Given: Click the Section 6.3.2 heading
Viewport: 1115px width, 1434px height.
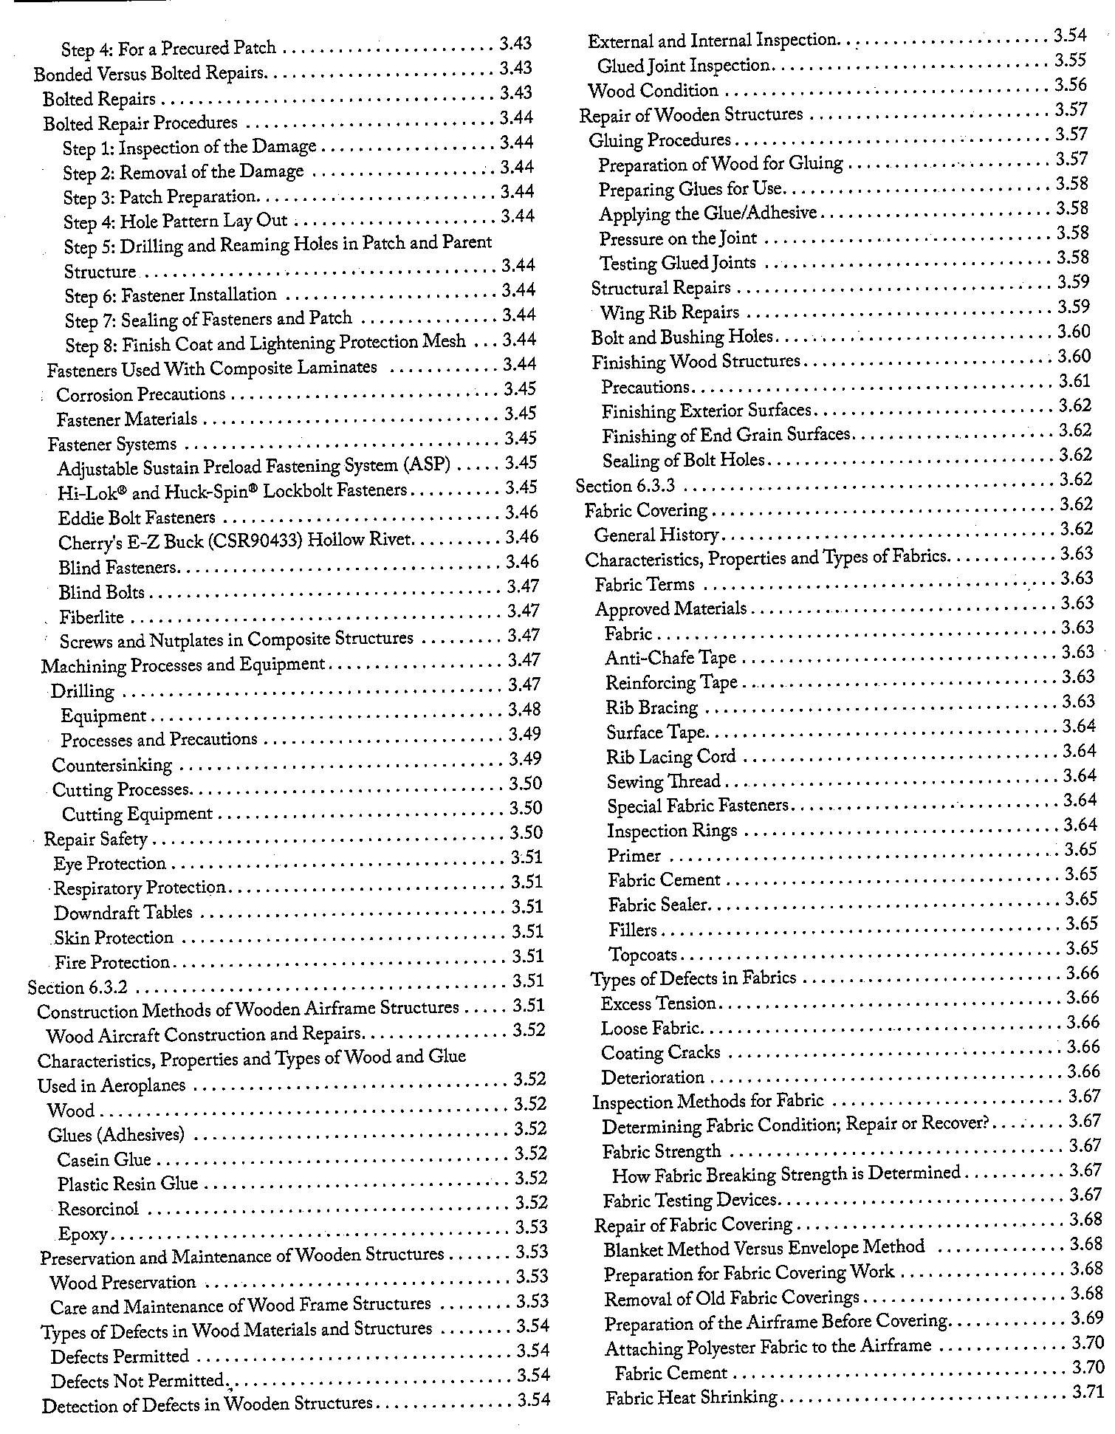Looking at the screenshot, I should pyautogui.click(x=78, y=987).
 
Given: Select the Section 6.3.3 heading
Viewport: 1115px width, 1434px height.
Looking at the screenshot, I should pyautogui.click(x=625, y=486).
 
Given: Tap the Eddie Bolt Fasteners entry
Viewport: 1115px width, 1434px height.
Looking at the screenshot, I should pyautogui.click(x=137, y=518).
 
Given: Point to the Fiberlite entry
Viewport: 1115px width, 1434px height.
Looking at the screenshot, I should pyautogui.click(x=92, y=617).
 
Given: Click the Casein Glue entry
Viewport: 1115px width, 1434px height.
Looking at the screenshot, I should pyautogui.click(x=104, y=1159).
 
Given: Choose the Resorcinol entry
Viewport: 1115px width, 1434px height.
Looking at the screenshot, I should pyautogui.click(x=98, y=1209).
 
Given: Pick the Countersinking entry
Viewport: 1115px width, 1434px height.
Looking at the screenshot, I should pyautogui.click(x=111, y=764).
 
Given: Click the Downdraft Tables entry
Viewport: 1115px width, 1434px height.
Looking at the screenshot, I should pyautogui.click(x=123, y=913).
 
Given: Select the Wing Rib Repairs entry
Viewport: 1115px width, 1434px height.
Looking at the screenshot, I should pyautogui.click(x=669, y=312).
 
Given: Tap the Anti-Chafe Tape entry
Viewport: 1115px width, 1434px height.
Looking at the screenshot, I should pyautogui.click(x=670, y=657).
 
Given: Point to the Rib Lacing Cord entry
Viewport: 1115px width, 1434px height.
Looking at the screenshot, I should pyautogui.click(x=670, y=757).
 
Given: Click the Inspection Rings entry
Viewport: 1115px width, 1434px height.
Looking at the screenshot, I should pyautogui.click(x=672, y=831).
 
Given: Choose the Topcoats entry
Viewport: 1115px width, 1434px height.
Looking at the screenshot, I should pyautogui.click(x=642, y=955).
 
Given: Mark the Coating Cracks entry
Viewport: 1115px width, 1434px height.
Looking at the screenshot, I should pyautogui.click(x=660, y=1052).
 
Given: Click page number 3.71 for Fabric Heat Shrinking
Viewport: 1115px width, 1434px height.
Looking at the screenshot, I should pyautogui.click(x=1087, y=1392).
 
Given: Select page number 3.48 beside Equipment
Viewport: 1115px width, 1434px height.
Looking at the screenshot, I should pyautogui.click(x=525, y=709).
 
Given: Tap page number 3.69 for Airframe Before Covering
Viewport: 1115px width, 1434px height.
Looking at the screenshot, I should pyautogui.click(x=1086, y=1318).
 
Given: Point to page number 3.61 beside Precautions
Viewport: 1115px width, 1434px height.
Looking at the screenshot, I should pyautogui.click(x=1074, y=381).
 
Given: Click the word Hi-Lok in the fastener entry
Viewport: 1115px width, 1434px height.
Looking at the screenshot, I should pyautogui.click(x=80, y=493).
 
